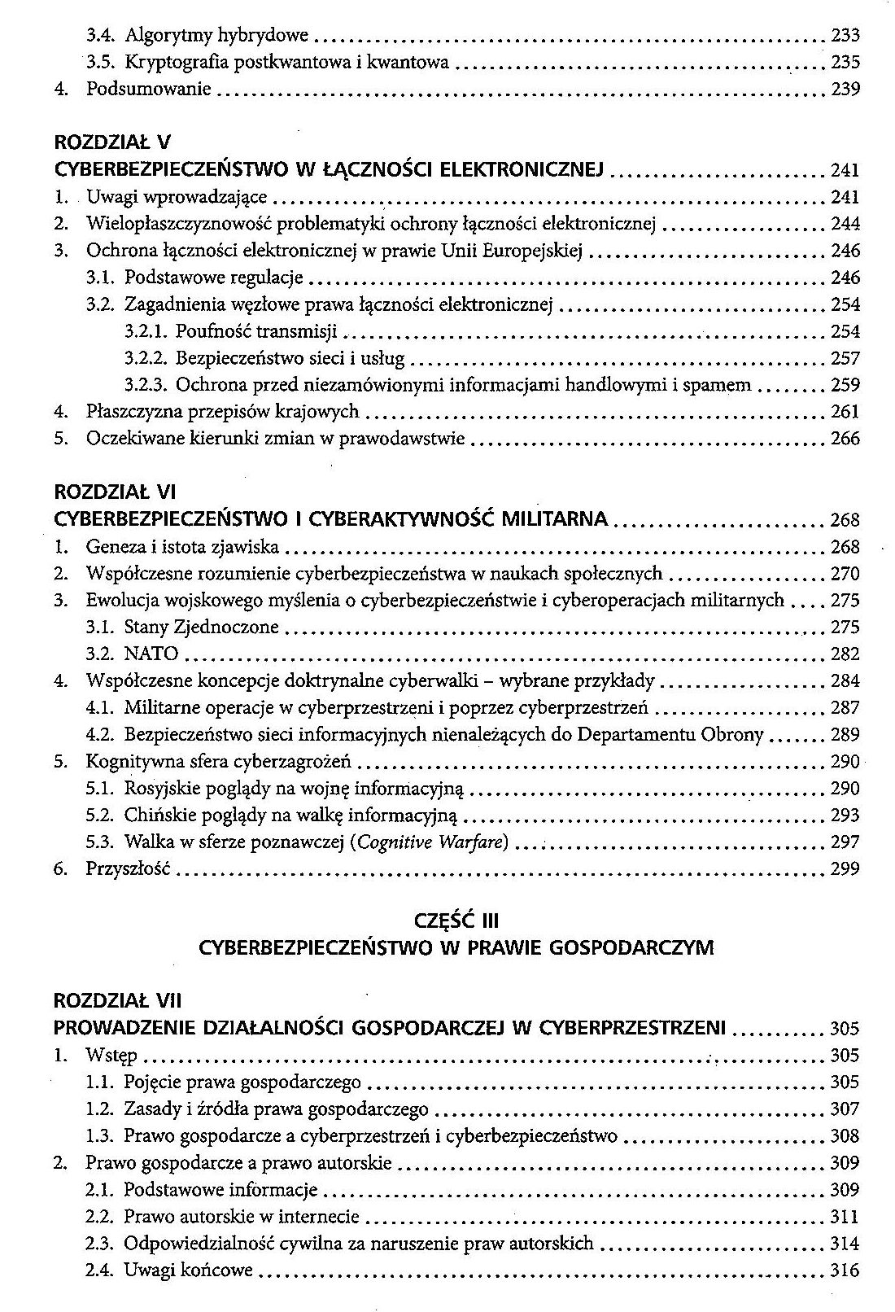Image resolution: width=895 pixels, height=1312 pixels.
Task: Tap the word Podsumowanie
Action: point(149,89)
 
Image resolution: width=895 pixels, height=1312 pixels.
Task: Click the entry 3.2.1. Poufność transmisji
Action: point(231,331)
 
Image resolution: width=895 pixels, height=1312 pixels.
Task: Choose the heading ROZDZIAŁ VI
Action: point(115,492)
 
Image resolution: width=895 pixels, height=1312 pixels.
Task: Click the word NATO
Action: point(151,654)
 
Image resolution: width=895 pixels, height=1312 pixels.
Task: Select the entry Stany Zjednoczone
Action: point(202,627)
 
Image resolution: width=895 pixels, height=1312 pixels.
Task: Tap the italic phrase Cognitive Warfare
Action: point(430,842)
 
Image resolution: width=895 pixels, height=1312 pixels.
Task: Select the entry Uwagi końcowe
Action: point(189,1270)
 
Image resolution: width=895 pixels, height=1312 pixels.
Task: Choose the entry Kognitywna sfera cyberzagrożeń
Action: point(219,762)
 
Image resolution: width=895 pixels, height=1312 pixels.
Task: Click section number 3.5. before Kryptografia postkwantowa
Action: point(103,62)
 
